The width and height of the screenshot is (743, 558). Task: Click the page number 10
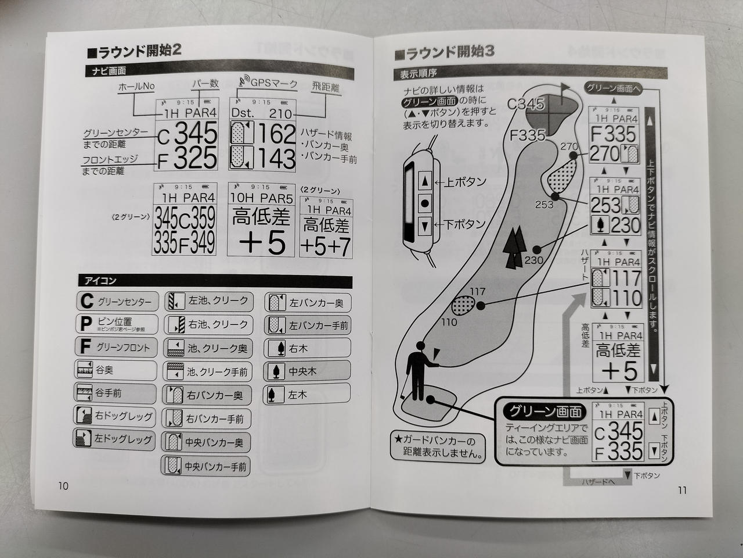click(x=63, y=486)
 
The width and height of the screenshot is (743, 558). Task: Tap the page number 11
click(x=681, y=490)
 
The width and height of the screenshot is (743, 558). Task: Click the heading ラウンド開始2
click(x=134, y=50)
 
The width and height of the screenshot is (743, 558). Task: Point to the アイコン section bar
click(x=215, y=281)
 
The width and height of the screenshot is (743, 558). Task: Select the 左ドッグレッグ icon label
click(x=122, y=439)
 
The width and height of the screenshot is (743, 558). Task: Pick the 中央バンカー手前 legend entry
click(x=215, y=466)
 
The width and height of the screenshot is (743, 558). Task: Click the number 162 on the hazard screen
click(x=276, y=134)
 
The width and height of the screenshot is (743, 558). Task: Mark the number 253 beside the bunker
click(x=543, y=205)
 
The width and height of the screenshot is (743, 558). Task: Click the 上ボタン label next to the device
click(x=465, y=182)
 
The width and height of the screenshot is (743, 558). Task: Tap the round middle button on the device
click(x=424, y=203)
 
